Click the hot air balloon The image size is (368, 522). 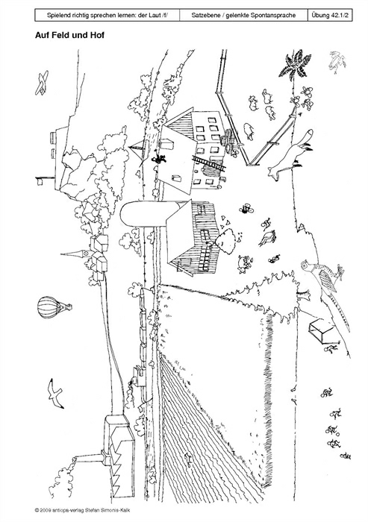click(x=54, y=307)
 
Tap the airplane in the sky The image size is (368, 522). click(x=42, y=83)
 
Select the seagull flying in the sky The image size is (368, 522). click(x=54, y=393)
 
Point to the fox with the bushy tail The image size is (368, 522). click(x=290, y=154)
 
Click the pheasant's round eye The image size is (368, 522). click(x=304, y=265)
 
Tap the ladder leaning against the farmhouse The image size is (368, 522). click(x=209, y=163)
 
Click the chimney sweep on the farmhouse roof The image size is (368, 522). click(x=159, y=158)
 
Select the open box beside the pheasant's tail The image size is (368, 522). click(x=322, y=330)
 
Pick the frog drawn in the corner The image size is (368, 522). click(x=337, y=62)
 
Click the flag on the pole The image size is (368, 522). click(x=40, y=180)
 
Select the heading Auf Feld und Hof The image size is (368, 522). click(x=69, y=35)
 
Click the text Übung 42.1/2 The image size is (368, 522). click(x=330, y=16)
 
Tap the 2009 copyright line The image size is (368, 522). click(x=82, y=510)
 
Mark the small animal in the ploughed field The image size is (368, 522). click(x=188, y=459)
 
